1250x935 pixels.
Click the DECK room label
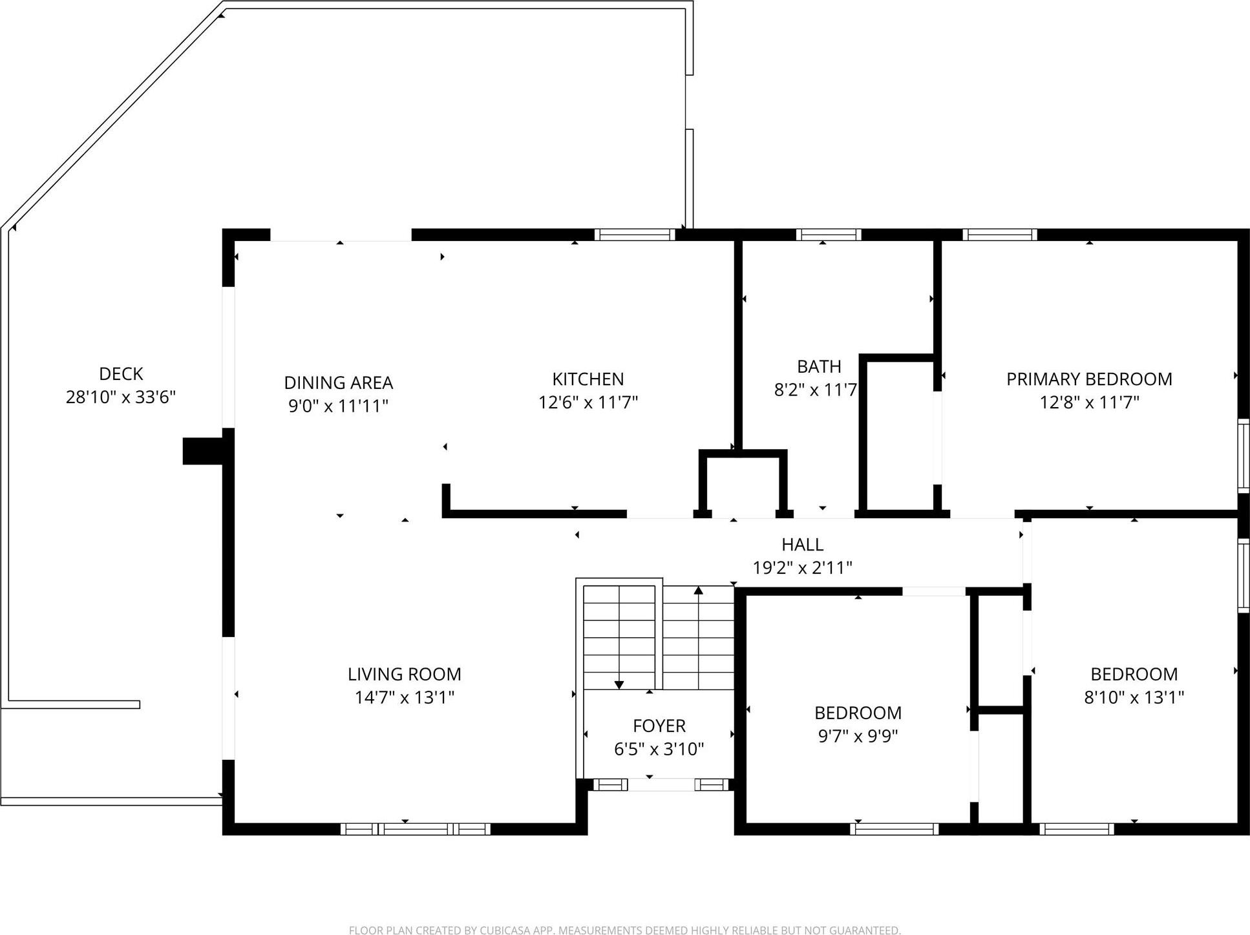121,373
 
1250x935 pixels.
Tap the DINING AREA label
338,383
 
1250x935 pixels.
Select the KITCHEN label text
588,379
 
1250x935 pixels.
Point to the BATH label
819,366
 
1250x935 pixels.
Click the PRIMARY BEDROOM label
1089,379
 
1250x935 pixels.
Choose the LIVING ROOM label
404,674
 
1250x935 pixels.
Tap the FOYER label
659,726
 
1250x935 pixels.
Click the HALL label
802,545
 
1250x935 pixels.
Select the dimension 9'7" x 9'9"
858,736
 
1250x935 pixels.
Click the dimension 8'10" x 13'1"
1134,697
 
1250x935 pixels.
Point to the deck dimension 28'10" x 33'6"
121,397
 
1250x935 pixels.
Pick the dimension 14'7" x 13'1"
404,697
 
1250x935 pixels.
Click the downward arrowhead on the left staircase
619,684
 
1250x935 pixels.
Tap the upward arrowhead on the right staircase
698,590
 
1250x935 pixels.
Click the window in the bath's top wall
829,235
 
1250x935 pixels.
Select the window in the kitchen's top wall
634,235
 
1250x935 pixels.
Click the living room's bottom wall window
415,829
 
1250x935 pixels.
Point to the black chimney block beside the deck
203,451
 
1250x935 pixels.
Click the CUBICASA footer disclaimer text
624,930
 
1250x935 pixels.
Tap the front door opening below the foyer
661,784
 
